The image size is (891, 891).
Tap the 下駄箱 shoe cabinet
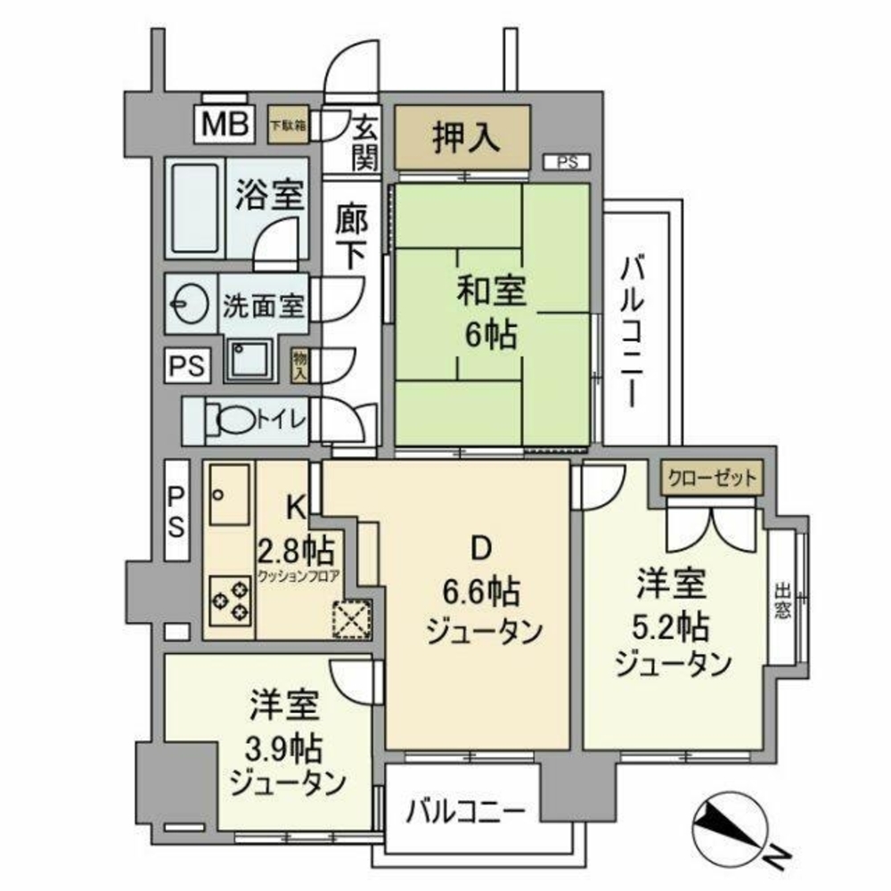point(288,127)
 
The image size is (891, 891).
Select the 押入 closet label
point(463,136)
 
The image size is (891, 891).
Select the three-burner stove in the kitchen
point(231,599)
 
